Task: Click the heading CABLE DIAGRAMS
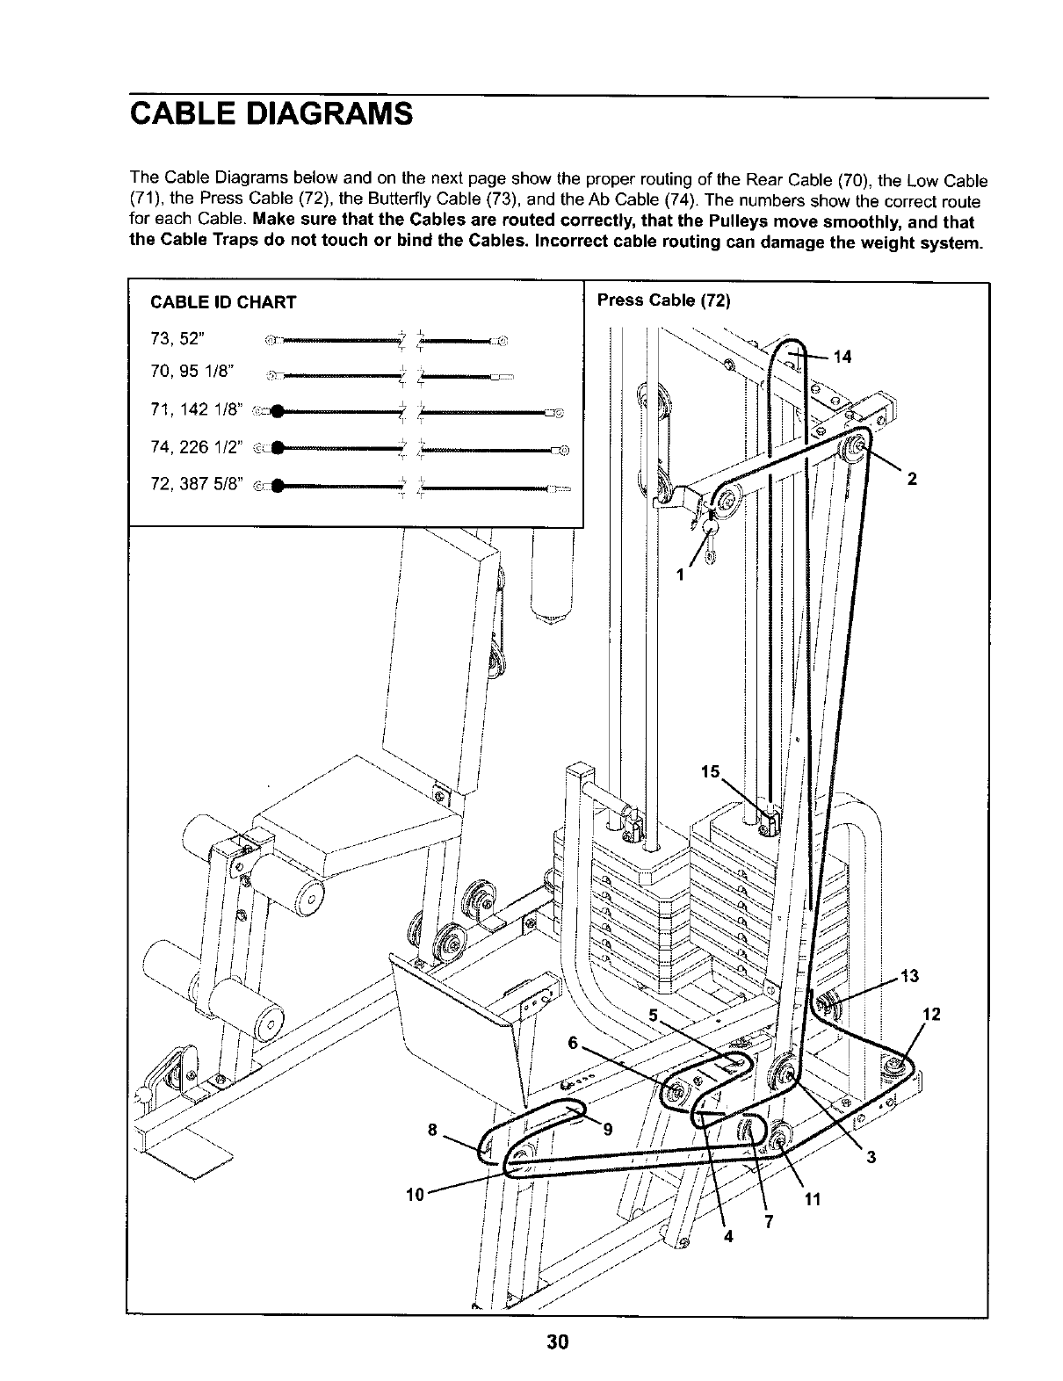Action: pyautogui.click(x=271, y=114)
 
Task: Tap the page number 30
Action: pyautogui.click(x=557, y=1342)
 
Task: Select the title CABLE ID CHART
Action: pyautogui.click(x=223, y=303)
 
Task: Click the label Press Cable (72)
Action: pyautogui.click(x=663, y=300)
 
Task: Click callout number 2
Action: pyautogui.click(x=913, y=479)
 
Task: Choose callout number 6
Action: pyautogui.click(x=572, y=1043)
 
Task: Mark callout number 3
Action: pyautogui.click(x=871, y=1157)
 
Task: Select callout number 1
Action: pyautogui.click(x=680, y=576)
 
